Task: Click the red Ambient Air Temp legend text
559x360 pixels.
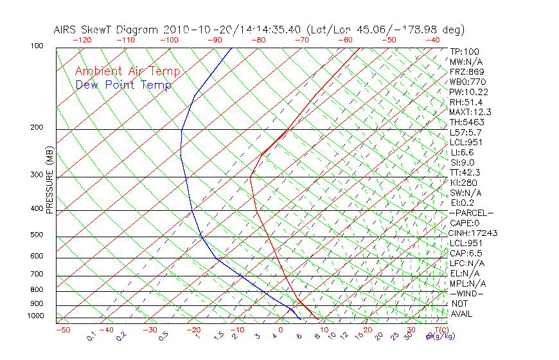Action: coord(128,72)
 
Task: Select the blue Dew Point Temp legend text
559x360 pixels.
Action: coord(123,85)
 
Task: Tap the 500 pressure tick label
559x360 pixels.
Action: coord(36,235)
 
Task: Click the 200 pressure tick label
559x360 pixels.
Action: coord(36,128)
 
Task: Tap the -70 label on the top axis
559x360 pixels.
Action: coord(302,40)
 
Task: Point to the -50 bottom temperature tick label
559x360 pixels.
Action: coord(63,330)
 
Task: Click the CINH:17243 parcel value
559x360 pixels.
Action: coord(474,233)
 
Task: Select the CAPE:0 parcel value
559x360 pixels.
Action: coord(466,223)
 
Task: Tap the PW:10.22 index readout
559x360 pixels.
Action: coord(468,92)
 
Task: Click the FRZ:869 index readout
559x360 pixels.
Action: coord(467,72)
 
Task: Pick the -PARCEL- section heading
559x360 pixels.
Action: coord(471,213)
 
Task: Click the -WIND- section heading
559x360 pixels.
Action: coord(467,294)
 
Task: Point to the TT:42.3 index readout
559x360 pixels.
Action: coord(466,173)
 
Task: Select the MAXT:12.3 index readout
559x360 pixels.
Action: coord(470,113)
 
